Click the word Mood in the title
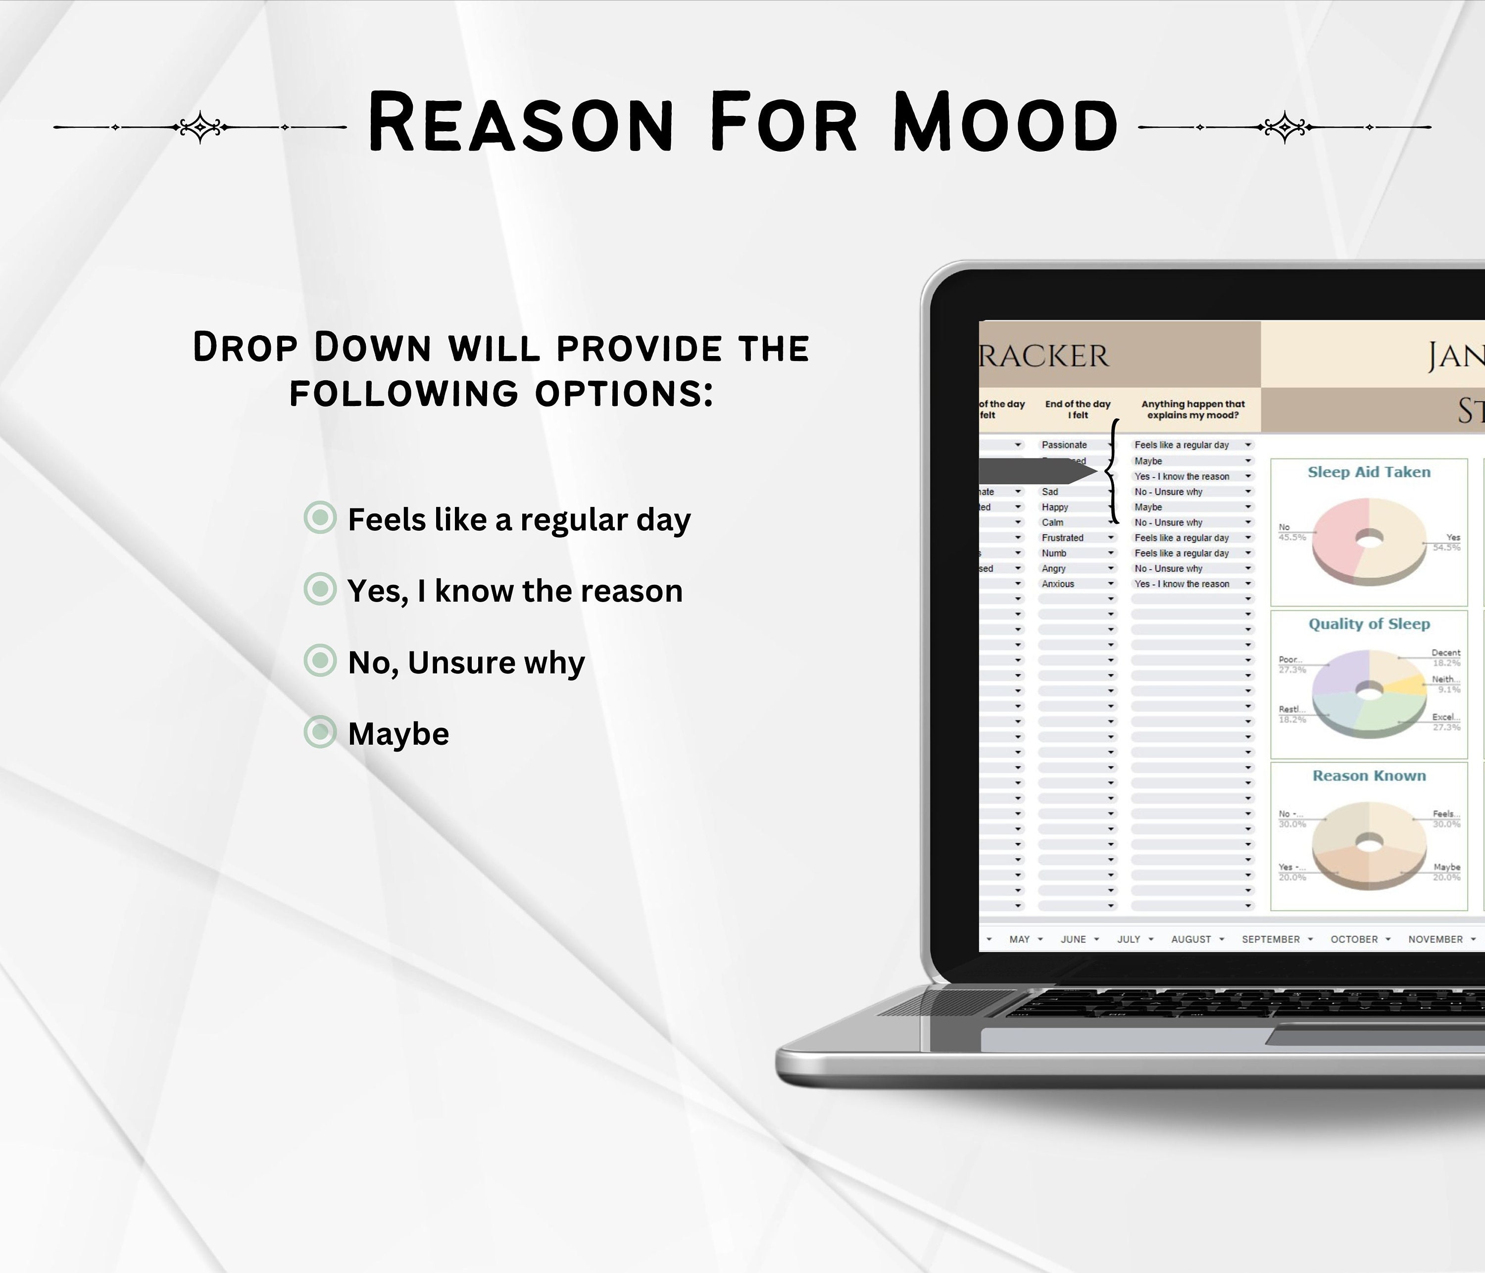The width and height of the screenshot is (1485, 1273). click(x=1005, y=123)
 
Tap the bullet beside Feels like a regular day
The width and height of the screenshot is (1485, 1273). click(x=320, y=517)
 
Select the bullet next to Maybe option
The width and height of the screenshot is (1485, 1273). click(x=320, y=732)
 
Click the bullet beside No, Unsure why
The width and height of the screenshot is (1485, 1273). click(x=320, y=660)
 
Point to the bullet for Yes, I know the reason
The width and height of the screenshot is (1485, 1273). click(x=320, y=589)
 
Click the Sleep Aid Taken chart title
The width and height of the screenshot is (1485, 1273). click(x=1368, y=472)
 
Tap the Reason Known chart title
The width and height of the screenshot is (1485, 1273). click(x=1368, y=775)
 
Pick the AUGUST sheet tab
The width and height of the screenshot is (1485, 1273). click(x=1190, y=939)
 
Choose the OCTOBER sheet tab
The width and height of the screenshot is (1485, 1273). click(x=1354, y=939)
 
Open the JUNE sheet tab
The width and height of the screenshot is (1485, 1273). click(x=1073, y=939)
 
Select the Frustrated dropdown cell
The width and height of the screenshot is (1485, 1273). click(x=1063, y=538)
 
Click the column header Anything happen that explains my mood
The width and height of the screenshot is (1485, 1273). click(x=1192, y=409)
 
